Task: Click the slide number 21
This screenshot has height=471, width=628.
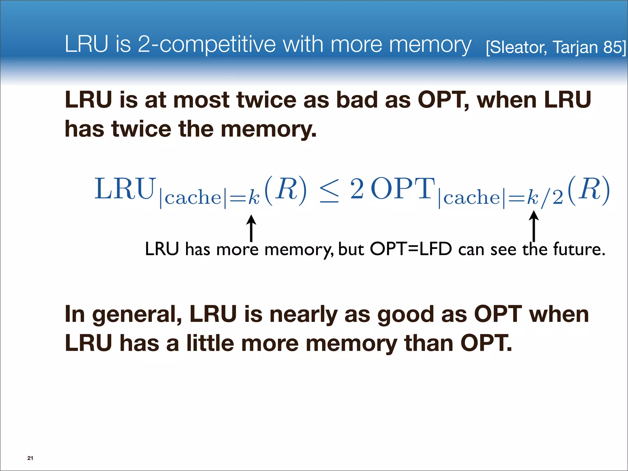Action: (x=30, y=458)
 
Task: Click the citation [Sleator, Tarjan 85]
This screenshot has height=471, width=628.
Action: (x=556, y=48)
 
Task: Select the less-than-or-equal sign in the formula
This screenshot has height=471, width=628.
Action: (x=329, y=190)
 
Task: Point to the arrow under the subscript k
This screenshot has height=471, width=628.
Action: (x=251, y=228)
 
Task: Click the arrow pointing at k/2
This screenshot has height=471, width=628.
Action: (x=534, y=226)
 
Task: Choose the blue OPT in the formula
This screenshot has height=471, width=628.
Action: (x=403, y=189)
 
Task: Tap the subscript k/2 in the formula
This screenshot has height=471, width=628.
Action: (x=545, y=198)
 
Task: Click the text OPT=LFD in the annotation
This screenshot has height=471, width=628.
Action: (x=411, y=249)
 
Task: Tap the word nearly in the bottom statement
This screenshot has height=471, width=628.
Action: (x=303, y=315)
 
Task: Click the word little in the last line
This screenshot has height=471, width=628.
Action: (x=210, y=343)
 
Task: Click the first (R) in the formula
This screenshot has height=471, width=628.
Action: (x=285, y=190)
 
